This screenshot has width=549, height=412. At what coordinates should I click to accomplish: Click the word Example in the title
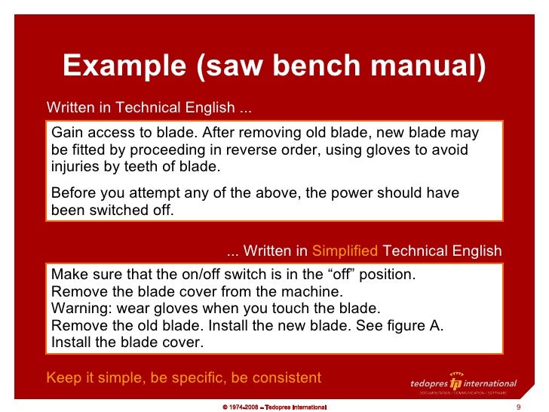tap(124, 66)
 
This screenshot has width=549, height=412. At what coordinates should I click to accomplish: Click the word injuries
tap(77, 168)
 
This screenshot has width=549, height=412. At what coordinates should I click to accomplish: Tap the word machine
tap(314, 291)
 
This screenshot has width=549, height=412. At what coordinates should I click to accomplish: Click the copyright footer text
tap(274, 407)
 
